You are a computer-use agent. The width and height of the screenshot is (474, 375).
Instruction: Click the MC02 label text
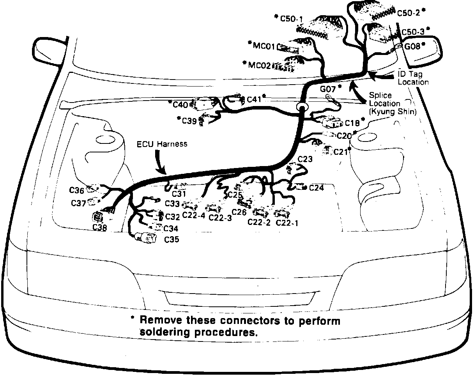(259, 65)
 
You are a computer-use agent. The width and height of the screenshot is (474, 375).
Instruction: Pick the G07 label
(328, 88)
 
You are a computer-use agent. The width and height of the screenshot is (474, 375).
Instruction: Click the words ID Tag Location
(413, 78)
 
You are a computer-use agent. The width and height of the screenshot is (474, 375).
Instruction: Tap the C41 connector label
(254, 99)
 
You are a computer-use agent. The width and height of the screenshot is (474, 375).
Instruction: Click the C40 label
(181, 104)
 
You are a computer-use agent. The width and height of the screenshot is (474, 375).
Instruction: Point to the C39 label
(190, 121)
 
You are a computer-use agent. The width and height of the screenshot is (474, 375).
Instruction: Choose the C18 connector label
(352, 124)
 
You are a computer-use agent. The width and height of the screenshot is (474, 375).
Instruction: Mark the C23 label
(305, 159)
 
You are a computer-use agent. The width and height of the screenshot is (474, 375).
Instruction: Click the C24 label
(316, 188)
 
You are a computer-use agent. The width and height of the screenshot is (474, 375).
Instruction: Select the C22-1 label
(287, 223)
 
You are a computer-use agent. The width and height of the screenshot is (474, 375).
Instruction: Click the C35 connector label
(172, 239)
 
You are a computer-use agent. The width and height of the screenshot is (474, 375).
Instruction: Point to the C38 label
(100, 228)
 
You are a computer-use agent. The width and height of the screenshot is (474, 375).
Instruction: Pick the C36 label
(77, 190)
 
